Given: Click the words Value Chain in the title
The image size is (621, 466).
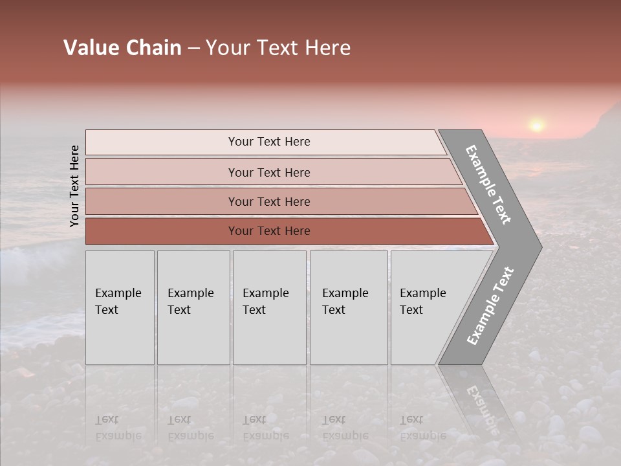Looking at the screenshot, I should pos(122,48).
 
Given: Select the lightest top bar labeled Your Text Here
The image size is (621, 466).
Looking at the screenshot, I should pos(268,142).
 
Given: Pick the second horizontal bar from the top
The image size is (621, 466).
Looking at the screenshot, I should pos(268,172).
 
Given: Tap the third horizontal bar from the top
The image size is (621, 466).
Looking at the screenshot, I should pos(268,201).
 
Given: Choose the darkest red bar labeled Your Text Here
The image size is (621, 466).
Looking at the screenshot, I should pos(268,231).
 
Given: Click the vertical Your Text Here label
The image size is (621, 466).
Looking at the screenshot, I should pos(74,186).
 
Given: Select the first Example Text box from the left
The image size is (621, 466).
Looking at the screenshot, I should pos(120,307).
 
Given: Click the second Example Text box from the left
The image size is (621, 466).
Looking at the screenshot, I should pos(193,307).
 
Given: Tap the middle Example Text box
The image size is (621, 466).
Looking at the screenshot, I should pos(269,307).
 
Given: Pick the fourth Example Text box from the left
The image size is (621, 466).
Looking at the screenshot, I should pos(348,307).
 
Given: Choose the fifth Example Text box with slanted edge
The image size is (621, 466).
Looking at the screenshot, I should pos(427,307).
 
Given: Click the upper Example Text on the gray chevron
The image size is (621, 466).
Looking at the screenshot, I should pos(488,184).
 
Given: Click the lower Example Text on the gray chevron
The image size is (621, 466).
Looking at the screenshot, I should pos(490,305).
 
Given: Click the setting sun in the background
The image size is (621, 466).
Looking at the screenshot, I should pos(536,124).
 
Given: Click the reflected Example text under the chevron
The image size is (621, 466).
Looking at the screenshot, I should pos(482,408).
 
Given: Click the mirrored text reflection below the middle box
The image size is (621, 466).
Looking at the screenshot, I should pos(265,427).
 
